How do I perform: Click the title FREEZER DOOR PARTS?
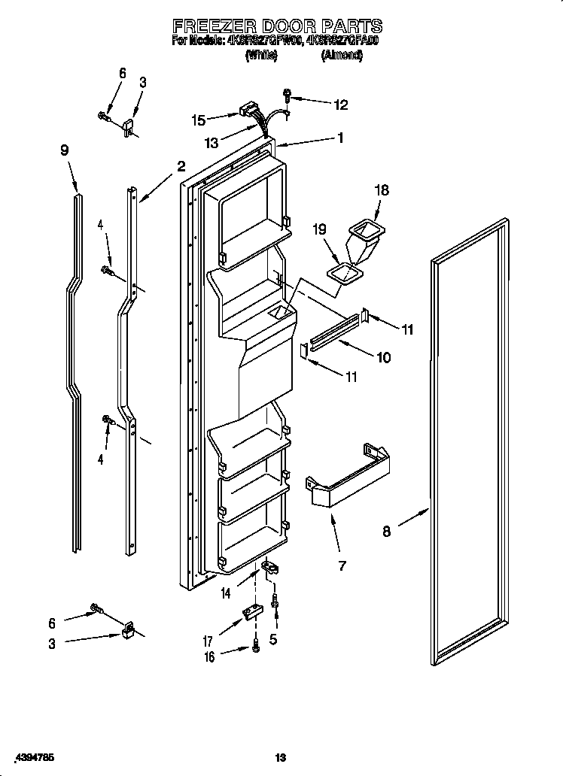277,26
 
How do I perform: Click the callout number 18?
382,191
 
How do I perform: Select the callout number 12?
340,105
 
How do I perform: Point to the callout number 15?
198,119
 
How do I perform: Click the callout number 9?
65,150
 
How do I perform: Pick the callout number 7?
342,565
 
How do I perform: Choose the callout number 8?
387,532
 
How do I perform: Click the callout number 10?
383,357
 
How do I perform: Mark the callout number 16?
208,656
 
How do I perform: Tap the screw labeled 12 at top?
288,95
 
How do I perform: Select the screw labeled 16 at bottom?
256,645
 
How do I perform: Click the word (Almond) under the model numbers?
342,56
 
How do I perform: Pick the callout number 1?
340,138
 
